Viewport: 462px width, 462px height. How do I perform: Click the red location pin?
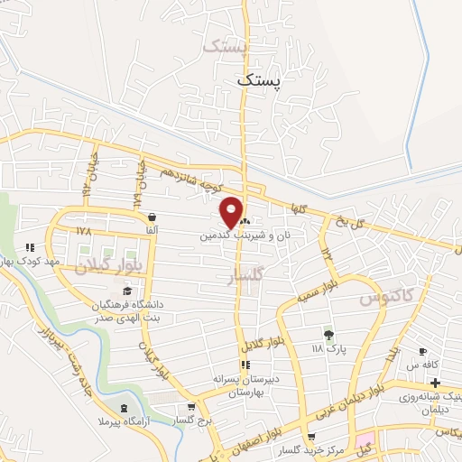click(x=231, y=212)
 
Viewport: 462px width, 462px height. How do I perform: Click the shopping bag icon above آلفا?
click(x=151, y=217)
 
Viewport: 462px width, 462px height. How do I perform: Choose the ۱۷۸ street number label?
click(x=84, y=232)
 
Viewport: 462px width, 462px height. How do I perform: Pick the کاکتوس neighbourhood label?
click(x=384, y=296)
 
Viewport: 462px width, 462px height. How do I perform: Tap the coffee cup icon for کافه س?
click(x=420, y=351)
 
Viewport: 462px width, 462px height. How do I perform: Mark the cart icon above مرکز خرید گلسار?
click(x=313, y=437)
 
